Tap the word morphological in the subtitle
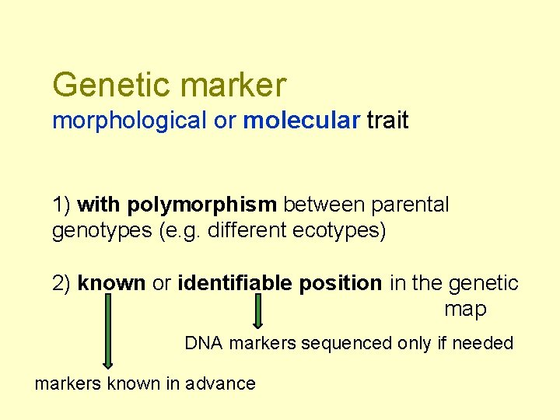coord(129,121)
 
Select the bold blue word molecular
coord(302,121)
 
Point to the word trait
coord(387,121)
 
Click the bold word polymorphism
coord(201,205)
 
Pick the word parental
coord(410,205)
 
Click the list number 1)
coord(62,205)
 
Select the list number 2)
coord(62,283)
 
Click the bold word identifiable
coord(240,283)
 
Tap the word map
coord(465,309)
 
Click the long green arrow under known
coord(107,331)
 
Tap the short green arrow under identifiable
coord(259,310)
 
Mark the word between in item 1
coord(324,205)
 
